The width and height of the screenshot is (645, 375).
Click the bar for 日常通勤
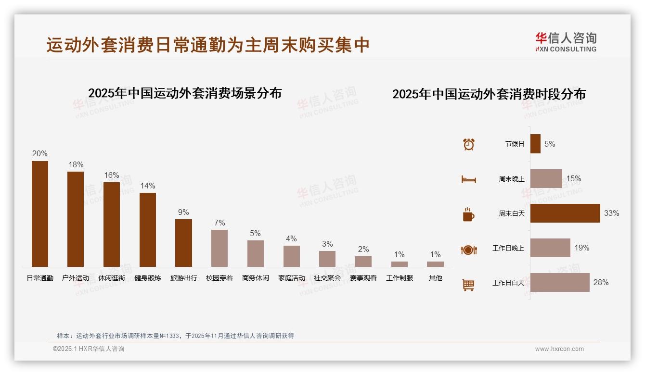[40, 214]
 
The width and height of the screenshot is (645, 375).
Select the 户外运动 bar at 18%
[76, 219]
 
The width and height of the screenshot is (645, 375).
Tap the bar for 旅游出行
[183, 243]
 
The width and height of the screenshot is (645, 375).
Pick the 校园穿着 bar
[219, 248]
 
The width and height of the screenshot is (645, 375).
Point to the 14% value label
[148, 186]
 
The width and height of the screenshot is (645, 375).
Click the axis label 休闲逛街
[112, 278]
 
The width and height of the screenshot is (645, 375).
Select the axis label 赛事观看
[363, 278]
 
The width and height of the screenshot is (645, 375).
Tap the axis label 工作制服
[400, 278]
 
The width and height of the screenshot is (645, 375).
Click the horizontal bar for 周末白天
[565, 213]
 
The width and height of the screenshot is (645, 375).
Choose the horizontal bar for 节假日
[535, 144]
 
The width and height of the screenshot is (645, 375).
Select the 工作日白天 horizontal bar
[560, 283]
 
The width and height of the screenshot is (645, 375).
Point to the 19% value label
[581, 248]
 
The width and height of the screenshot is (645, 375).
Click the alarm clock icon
[469, 144]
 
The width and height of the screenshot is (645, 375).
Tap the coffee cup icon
[468, 214]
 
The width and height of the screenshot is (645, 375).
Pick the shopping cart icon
[468, 285]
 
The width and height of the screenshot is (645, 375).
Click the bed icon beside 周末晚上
[468, 179]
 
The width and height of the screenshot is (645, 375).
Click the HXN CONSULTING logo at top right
[566, 42]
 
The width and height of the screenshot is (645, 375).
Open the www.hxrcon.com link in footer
[559, 349]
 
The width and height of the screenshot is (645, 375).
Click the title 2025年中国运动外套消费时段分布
[489, 94]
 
